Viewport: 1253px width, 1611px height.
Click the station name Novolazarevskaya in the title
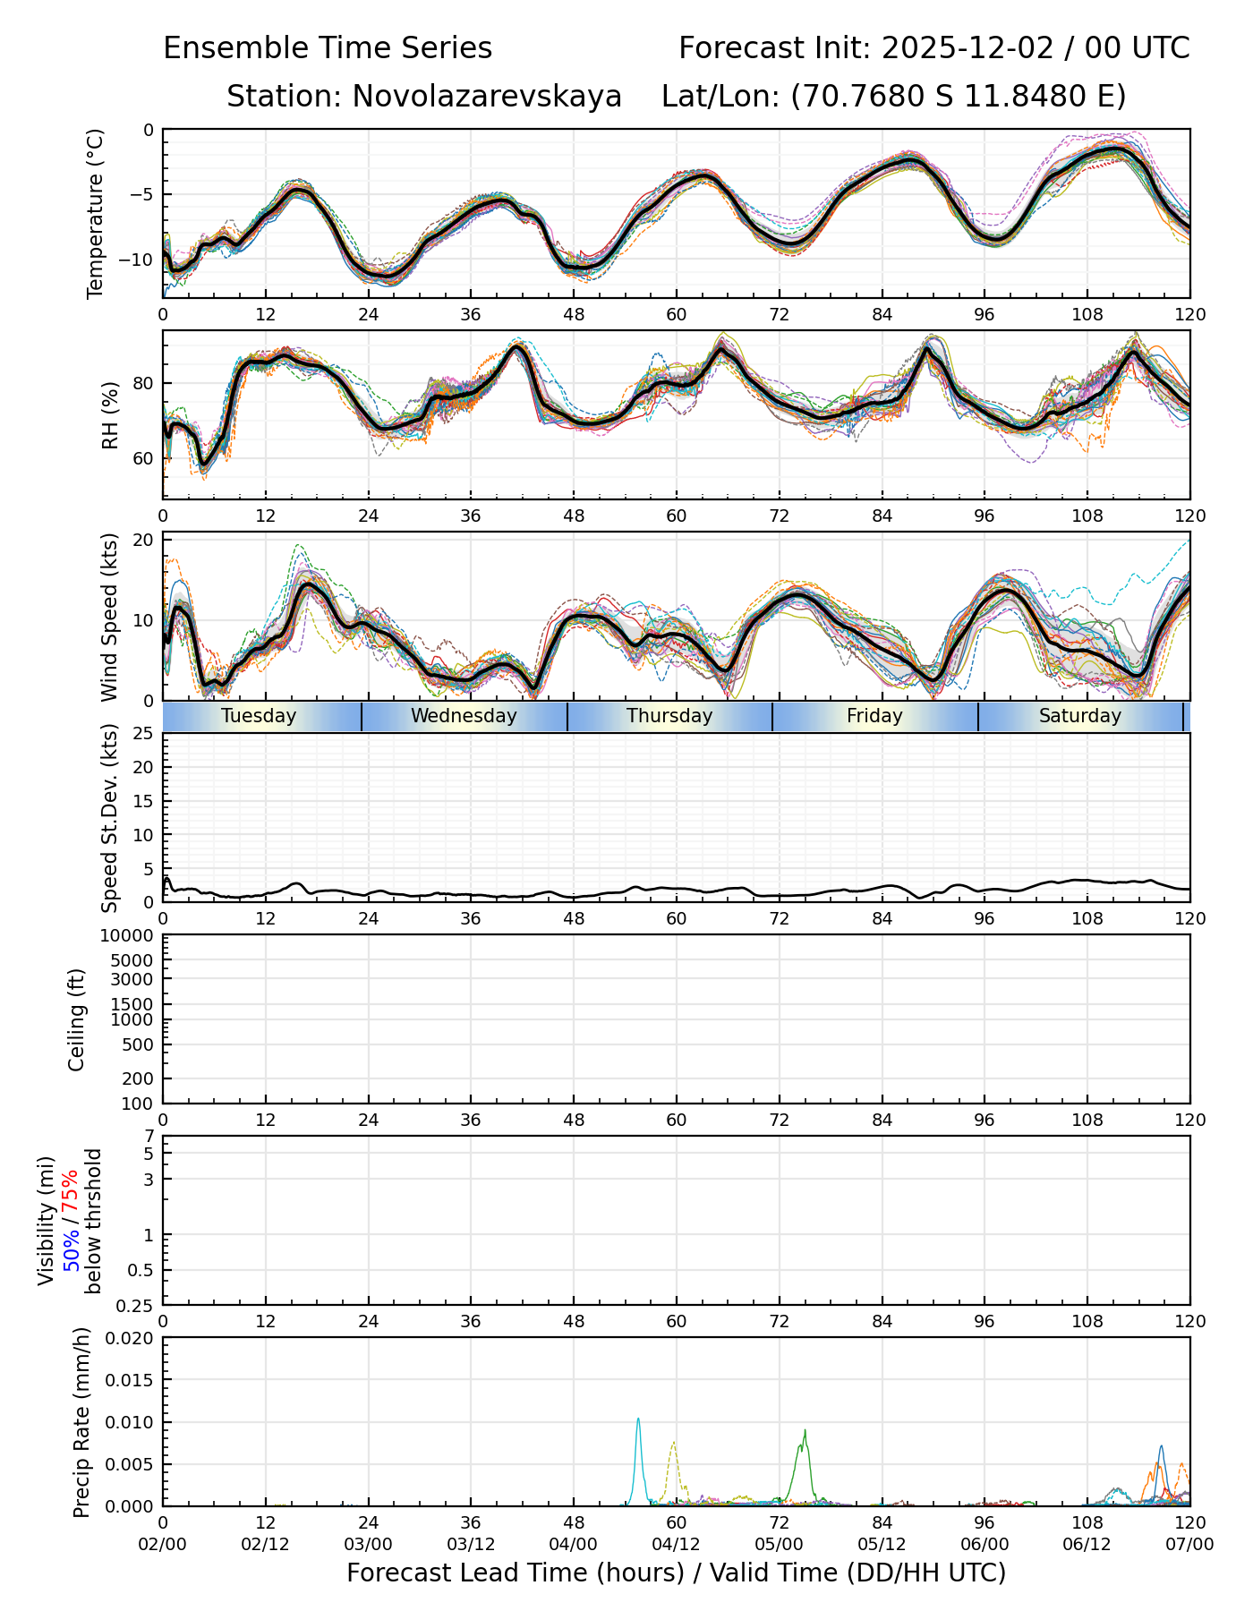(487, 97)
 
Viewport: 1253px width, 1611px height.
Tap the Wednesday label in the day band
(464, 716)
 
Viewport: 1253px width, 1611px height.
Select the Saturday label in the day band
(1080, 716)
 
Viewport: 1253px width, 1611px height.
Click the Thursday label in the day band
(669, 716)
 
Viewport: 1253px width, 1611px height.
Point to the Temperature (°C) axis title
(96, 213)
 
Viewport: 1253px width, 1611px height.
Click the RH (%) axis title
(110, 415)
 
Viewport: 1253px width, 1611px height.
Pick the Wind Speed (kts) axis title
(110, 617)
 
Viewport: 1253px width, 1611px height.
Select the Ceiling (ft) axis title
(77, 1019)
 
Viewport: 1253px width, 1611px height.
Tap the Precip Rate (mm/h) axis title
(82, 1422)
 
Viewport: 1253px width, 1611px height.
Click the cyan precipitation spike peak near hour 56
(638, 1419)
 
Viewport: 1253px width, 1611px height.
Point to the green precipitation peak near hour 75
(805, 1430)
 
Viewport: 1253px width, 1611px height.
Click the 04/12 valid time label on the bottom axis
(676, 1544)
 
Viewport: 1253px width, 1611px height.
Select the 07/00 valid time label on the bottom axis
(1189, 1544)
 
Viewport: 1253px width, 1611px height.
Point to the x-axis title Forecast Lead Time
(676, 1573)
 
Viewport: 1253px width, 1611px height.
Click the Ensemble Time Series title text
(328, 48)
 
